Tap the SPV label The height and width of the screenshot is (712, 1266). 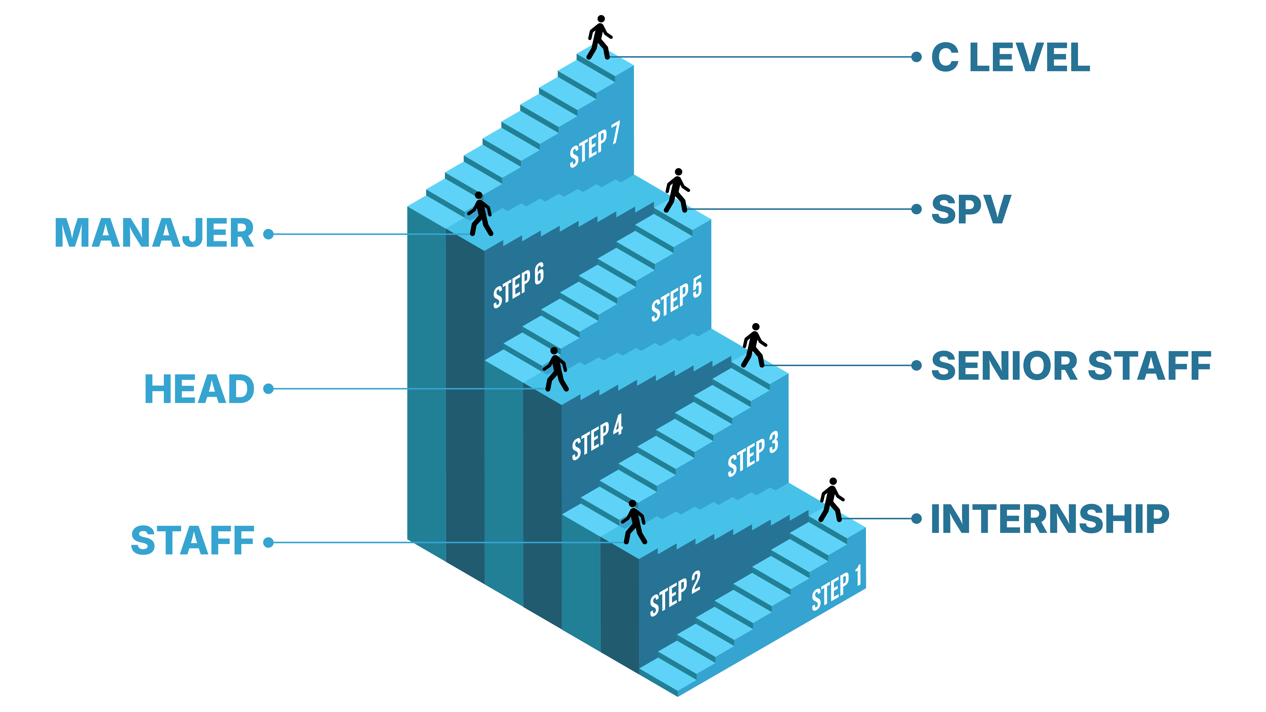pos(971,209)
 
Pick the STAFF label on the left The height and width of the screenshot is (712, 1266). pos(193,541)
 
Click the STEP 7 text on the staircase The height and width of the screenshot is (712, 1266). pos(595,145)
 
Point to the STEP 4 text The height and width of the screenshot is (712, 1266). pos(597,437)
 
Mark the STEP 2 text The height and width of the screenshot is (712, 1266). pos(675,594)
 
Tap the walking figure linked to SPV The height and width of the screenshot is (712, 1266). pos(677,191)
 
